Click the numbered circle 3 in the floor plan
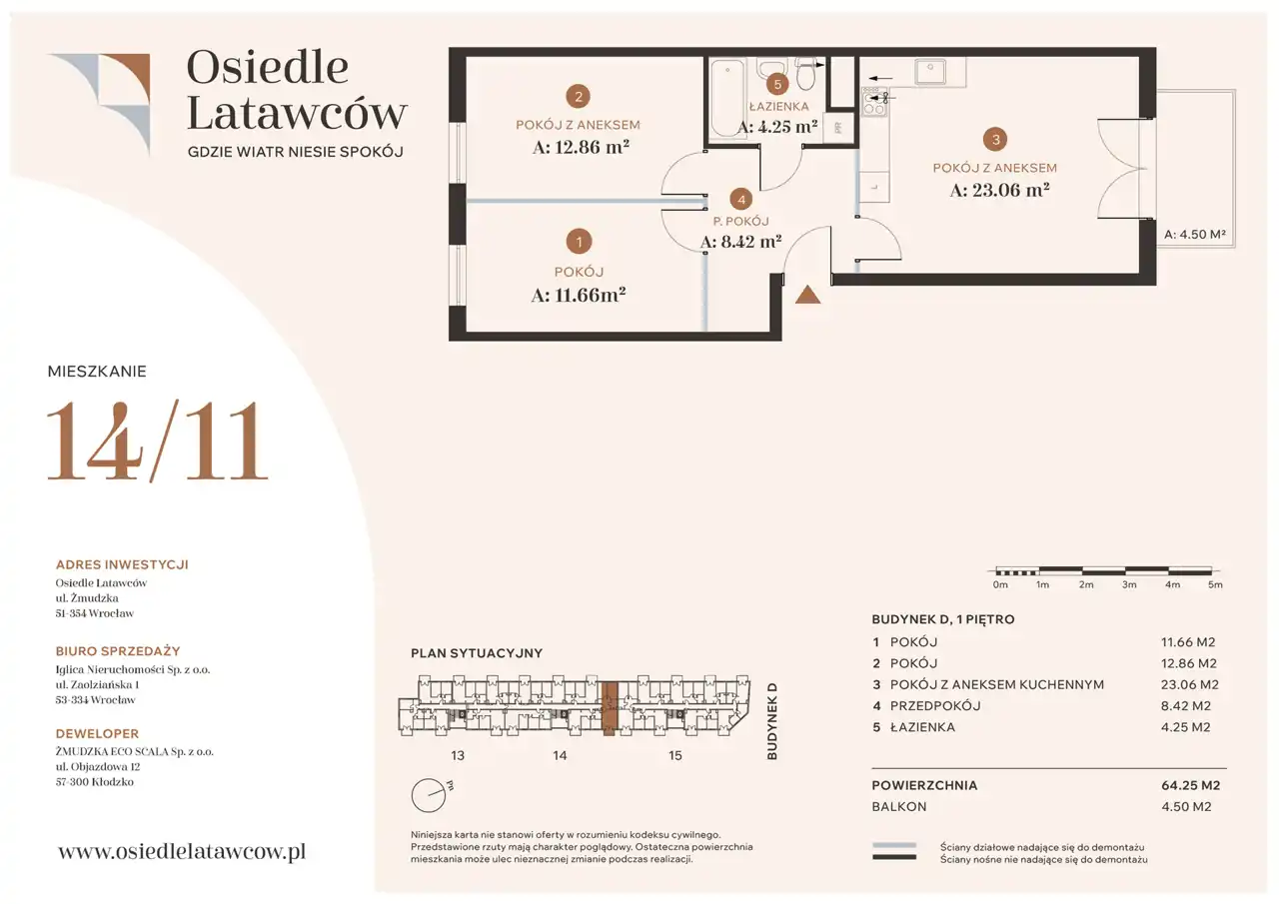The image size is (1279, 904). [995, 139]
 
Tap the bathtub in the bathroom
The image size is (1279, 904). [727, 98]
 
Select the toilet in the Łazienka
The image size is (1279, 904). [805, 74]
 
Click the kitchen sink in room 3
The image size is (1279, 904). [930, 72]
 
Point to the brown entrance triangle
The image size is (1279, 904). [808, 295]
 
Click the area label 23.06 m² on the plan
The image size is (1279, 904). [999, 190]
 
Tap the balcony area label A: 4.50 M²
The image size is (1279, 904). [1195, 234]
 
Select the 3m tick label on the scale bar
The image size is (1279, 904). [1129, 584]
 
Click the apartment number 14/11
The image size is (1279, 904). [157, 441]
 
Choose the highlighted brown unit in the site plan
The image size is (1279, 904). [610, 708]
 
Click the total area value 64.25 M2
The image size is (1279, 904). [1190, 785]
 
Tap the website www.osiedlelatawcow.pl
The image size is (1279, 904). [182, 851]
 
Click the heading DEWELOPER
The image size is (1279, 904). [97, 733]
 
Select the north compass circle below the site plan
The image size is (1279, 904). [429, 795]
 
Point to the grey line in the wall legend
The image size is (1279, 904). [894, 845]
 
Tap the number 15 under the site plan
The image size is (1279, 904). [674, 755]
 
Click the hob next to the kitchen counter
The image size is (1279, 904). [874, 102]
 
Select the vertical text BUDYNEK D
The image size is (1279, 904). [772, 721]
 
